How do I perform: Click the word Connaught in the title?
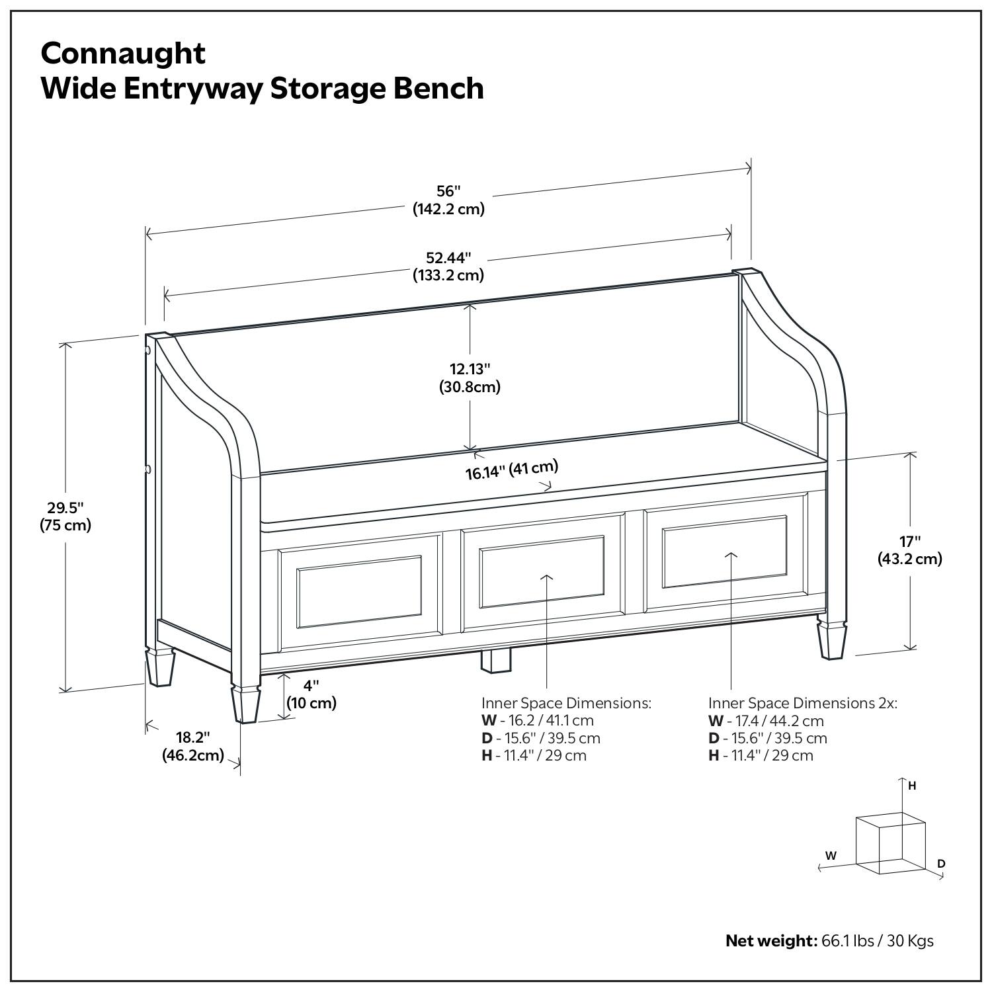(x=123, y=53)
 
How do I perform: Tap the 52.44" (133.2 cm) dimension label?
(x=448, y=266)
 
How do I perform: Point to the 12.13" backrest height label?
(x=470, y=378)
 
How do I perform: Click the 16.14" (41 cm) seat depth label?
(x=511, y=470)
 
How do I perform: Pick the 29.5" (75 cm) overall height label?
(x=65, y=517)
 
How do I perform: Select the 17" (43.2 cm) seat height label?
(x=909, y=550)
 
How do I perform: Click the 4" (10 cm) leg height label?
(x=311, y=694)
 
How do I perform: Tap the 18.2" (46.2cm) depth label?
(x=192, y=746)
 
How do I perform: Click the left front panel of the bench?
(x=360, y=592)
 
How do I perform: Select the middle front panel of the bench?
(x=542, y=572)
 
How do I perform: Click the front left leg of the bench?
(x=245, y=702)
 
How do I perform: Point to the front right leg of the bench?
(x=832, y=638)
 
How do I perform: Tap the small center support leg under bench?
(x=496, y=661)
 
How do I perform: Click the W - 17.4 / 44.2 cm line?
(x=766, y=721)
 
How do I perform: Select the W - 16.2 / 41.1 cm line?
(x=537, y=720)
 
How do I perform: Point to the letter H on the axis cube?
(x=912, y=786)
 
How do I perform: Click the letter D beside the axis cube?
(x=941, y=864)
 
